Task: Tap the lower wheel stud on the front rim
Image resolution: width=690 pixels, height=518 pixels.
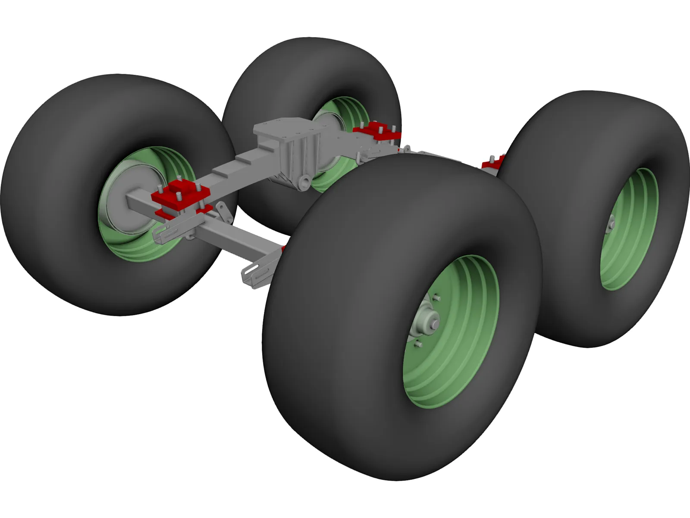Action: pyautogui.click(x=417, y=344)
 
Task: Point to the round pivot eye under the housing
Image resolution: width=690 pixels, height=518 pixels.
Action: pyautogui.click(x=305, y=180)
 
